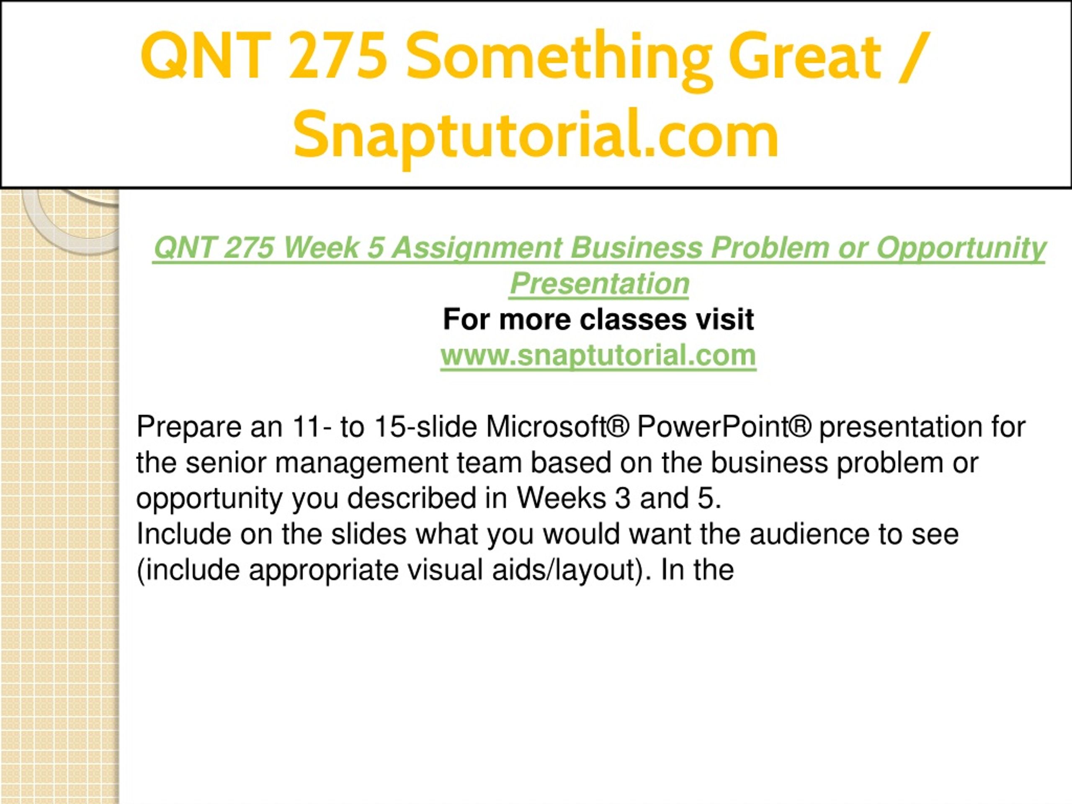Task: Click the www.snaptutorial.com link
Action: click(598, 355)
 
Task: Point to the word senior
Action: click(226, 463)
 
